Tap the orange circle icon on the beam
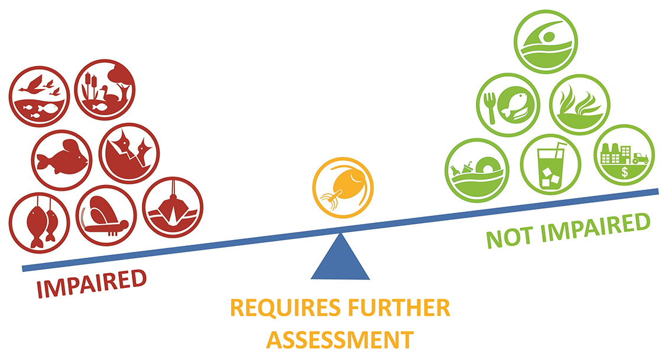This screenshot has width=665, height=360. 343,186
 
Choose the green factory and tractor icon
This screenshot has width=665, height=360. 624,154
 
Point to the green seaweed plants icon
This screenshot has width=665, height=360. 579,104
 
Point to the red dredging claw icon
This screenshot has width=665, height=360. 172,206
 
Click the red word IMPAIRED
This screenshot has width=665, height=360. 92,284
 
